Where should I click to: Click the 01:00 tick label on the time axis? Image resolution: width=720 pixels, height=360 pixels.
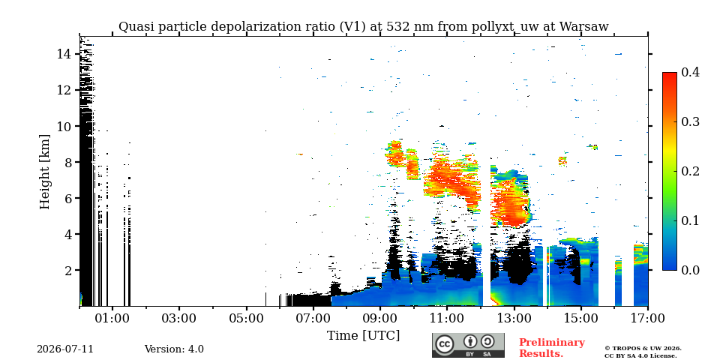pos(112,319)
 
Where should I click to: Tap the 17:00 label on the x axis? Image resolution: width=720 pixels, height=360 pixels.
pos(648,319)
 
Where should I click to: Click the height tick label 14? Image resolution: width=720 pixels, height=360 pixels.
pos(64,54)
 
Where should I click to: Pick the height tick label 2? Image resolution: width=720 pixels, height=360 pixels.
pos(68,270)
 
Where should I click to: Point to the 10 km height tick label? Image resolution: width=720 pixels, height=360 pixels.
pos(64,126)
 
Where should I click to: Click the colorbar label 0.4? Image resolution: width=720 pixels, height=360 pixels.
pos(690,72)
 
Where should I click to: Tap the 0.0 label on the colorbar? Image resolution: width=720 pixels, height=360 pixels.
pos(690,270)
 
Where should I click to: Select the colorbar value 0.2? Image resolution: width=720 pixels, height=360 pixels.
pos(690,171)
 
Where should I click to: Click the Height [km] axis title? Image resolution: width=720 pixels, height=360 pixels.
pos(44,172)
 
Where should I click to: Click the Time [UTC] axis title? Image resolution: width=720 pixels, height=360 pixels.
pos(363,336)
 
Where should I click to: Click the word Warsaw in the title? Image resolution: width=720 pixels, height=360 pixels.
pos(584,27)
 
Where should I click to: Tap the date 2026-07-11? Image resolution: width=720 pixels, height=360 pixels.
pos(65,349)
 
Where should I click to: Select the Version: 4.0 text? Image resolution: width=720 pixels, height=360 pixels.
pos(174,349)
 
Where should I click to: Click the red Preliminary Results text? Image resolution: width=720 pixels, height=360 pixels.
pos(552,348)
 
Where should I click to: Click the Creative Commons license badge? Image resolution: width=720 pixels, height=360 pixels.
pos(468,345)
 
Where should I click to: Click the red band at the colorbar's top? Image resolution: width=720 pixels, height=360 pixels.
pos(670,76)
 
